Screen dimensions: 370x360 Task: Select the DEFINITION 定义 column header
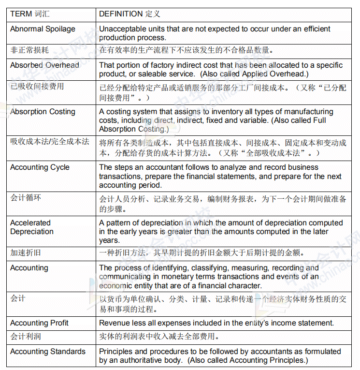tap(130, 14)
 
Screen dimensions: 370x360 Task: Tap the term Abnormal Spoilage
tap(43, 29)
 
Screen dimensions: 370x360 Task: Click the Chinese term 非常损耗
tap(29, 50)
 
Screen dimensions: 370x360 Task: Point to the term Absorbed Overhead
tap(44, 65)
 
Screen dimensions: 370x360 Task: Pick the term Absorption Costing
tap(43, 112)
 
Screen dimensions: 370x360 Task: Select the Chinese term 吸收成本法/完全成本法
tap(50, 142)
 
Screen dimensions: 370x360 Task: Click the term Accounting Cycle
tap(40, 167)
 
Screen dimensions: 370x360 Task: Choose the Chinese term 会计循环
tap(26, 197)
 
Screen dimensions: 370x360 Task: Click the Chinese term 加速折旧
tap(26, 252)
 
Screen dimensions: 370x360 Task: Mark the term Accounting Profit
tap(39, 323)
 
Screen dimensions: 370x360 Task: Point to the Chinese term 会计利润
tap(26, 336)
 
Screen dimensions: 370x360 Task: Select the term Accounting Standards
tap(47, 352)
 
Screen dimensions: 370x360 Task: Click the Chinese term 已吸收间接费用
tap(37, 87)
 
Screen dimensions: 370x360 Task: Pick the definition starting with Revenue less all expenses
tap(216, 323)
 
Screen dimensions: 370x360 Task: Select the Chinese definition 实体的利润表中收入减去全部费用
tap(159, 336)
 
